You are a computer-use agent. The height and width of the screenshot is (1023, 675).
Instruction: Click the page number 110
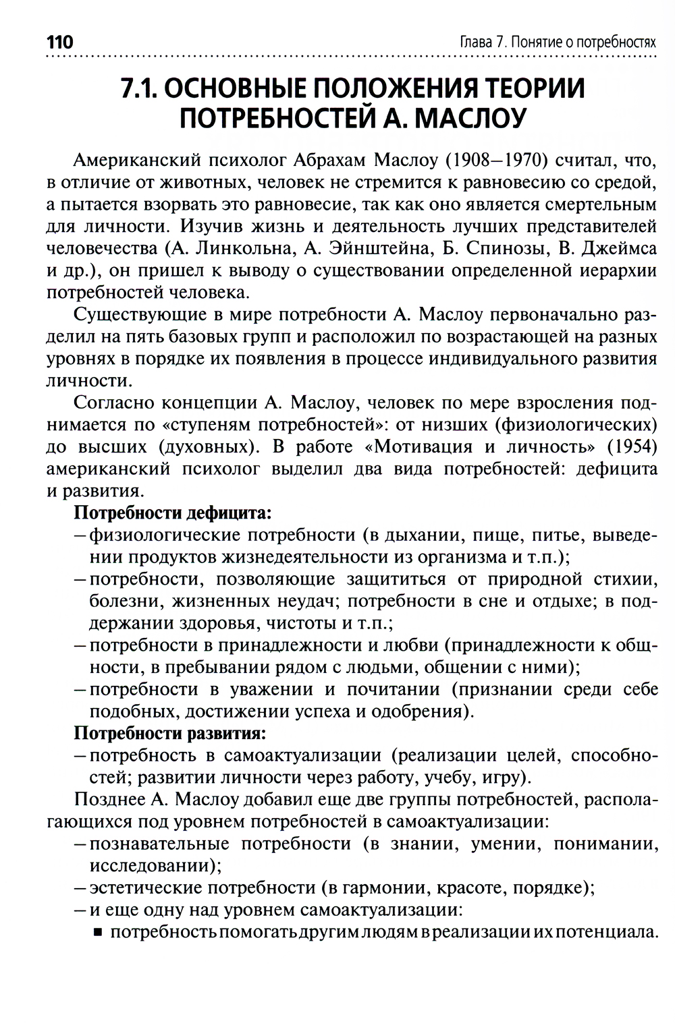coord(59,42)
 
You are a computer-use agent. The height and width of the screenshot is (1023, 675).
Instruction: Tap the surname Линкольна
coord(244,248)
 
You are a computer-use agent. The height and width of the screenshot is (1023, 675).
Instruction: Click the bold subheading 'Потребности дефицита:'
coord(172,513)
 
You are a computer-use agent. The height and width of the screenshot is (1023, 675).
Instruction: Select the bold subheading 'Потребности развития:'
coord(169,732)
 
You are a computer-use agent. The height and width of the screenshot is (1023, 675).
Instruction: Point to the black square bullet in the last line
coord(97,933)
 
